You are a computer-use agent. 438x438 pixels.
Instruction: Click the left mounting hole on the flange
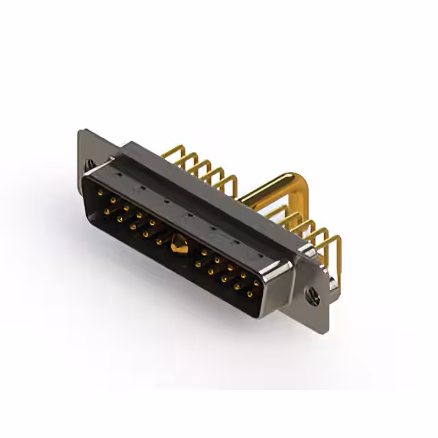(89, 164)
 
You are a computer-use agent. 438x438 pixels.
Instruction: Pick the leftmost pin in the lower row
(107, 211)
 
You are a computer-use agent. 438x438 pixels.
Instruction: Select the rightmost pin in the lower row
(249, 294)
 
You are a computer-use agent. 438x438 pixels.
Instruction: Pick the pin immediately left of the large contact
(159, 242)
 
